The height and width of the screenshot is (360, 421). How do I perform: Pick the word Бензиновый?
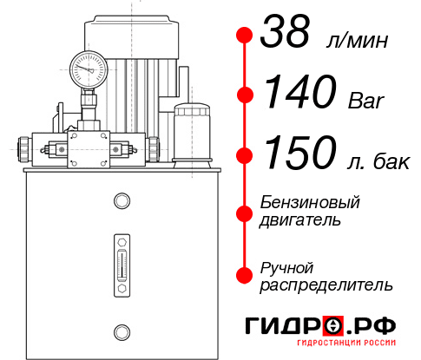pos(309,202)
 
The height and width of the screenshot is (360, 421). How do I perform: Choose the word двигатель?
pos(300,220)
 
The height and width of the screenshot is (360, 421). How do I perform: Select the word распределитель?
pos(326,285)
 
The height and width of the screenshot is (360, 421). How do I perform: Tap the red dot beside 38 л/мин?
pos(245,36)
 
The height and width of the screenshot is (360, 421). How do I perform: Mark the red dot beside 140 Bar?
pos(245,95)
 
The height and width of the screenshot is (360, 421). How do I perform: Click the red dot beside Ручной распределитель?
pos(245,275)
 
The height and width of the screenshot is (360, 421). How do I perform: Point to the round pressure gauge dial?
pos(89,67)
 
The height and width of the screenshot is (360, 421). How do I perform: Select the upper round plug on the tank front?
pos(121,201)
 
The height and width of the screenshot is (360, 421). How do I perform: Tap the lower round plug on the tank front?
pos(121,331)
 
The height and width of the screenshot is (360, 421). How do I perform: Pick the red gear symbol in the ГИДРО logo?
pos(335,326)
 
